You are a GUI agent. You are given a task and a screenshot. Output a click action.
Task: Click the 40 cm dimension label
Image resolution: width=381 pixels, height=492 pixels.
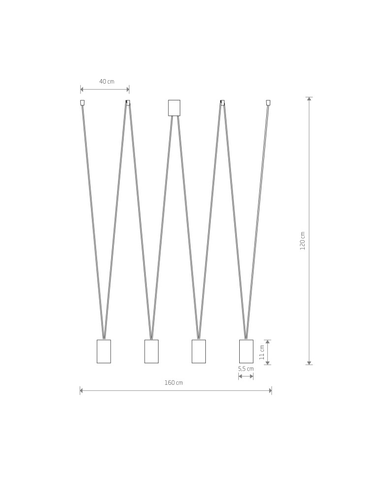pyautogui.click(x=106, y=81)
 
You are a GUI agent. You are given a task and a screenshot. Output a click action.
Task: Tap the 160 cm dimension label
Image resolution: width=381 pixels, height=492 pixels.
pyautogui.click(x=173, y=383)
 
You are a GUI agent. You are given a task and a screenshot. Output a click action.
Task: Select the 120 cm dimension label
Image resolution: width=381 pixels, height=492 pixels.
pyautogui.click(x=303, y=241)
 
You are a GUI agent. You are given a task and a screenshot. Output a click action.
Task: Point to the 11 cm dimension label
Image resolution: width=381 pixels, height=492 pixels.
pyautogui.click(x=262, y=352)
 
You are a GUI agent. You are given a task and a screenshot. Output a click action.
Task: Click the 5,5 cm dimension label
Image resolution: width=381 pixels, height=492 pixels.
pyautogui.click(x=246, y=369)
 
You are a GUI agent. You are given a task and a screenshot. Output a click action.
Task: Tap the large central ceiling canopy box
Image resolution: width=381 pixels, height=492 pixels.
pyautogui.click(x=174, y=108)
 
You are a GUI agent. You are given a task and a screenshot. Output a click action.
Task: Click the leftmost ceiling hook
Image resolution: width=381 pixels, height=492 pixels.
pyautogui.click(x=82, y=103)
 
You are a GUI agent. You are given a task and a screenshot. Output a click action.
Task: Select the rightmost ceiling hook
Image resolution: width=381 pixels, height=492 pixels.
pyautogui.click(x=268, y=103)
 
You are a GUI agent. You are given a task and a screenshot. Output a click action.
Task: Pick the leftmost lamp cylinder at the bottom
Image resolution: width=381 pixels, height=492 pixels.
pyautogui.click(x=103, y=351)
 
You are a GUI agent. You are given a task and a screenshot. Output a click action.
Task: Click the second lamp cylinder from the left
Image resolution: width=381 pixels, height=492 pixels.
pyautogui.click(x=151, y=351)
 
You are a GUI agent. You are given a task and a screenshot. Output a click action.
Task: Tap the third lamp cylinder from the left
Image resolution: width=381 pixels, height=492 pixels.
pyautogui.click(x=198, y=351)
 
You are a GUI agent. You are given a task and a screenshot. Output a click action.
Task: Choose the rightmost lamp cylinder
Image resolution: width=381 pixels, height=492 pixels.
pyautogui.click(x=246, y=351)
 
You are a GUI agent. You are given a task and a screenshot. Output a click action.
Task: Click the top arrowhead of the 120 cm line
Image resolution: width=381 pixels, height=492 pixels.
pyautogui.click(x=309, y=99)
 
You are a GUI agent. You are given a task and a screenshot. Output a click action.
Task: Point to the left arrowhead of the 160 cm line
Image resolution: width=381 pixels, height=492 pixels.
pyautogui.click(x=82, y=391)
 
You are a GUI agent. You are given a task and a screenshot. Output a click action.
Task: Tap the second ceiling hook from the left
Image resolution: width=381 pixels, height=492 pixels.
pyautogui.click(x=128, y=102)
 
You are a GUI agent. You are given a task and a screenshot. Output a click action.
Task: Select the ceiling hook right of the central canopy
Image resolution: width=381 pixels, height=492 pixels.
pyautogui.click(x=222, y=102)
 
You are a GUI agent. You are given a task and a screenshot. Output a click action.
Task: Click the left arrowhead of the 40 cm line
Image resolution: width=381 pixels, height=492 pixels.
pyautogui.click(x=82, y=90)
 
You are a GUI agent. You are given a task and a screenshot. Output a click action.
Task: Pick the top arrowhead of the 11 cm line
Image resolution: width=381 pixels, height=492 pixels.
pyautogui.click(x=267, y=341)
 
